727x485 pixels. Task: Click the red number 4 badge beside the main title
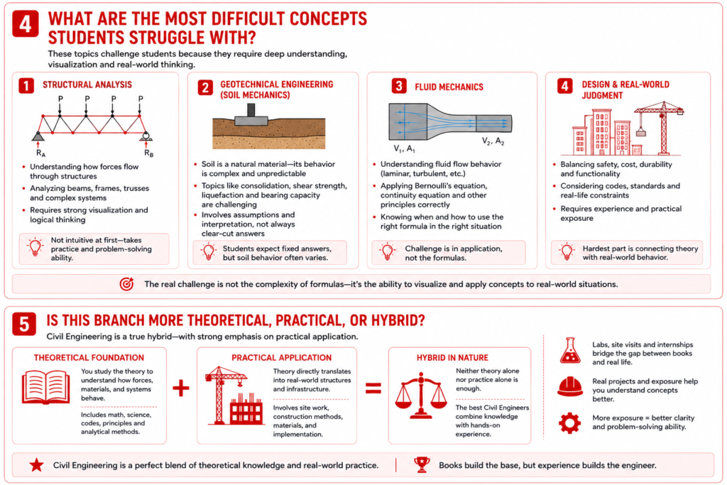pos(26,24)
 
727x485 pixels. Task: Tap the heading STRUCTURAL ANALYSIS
pos(87,85)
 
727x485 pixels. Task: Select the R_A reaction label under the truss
pos(40,153)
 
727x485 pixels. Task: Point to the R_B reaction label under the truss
pos(148,153)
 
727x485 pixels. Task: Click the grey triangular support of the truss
pos(38,136)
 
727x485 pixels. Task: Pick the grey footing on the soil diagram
pos(251,115)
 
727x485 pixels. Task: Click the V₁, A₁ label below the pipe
pos(404,149)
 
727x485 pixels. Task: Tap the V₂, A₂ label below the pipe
pos(493,141)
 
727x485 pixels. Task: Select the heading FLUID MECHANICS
pos(449,87)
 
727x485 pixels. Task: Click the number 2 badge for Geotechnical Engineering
pos(205,87)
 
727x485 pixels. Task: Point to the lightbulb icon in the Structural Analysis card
pos(35,247)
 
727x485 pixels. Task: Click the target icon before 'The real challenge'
pos(126,284)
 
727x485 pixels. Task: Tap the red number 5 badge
pos(24,324)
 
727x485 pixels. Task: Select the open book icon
pos(46,387)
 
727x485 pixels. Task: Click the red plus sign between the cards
pos(181,388)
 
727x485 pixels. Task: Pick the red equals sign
pos(373,388)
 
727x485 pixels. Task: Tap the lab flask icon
pos(570,351)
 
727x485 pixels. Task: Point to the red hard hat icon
pos(570,387)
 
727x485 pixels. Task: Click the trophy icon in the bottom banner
pos(422,464)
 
